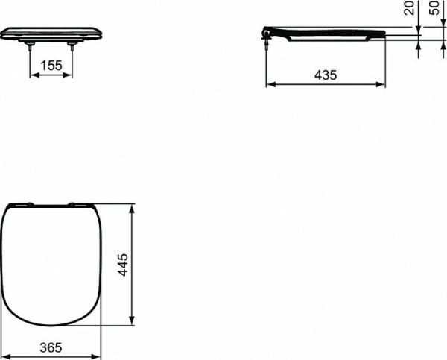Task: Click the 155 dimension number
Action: [x=51, y=66]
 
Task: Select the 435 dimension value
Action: [x=326, y=75]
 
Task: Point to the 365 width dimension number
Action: [x=51, y=347]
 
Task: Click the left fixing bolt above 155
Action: [x=29, y=46]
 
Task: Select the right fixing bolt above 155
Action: [x=72, y=46]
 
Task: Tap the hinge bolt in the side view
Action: [x=266, y=43]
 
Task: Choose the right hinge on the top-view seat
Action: [x=74, y=203]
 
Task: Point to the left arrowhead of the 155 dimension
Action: [x=32, y=75]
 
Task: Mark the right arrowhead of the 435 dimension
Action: [x=382, y=84]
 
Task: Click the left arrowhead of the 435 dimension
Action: [x=270, y=84]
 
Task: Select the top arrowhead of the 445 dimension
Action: [x=133, y=206]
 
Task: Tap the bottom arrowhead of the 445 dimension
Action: [x=133, y=322]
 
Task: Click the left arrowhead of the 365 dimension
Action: [x=4, y=356]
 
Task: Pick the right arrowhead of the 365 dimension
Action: [x=97, y=356]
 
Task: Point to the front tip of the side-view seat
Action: [x=384, y=34]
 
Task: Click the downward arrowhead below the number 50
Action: [x=442, y=28]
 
